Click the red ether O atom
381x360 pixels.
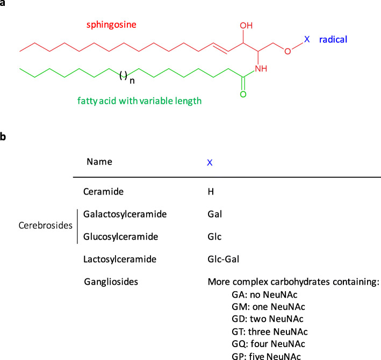coord(287,52)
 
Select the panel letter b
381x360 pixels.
coord(4,136)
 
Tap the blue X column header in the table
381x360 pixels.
coord(210,161)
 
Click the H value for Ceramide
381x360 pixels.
coord(210,191)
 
